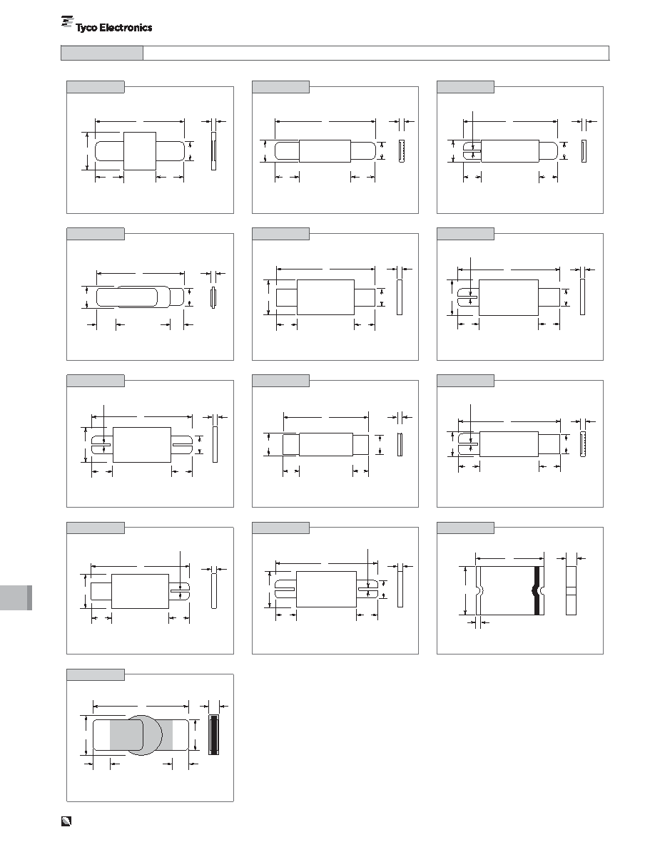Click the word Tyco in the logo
coord(86,28)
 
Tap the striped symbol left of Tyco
coord(67,21)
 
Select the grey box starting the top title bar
coord(102,53)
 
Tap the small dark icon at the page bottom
coord(66,821)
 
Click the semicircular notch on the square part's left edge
coord(479,590)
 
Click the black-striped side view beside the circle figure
coord(213,734)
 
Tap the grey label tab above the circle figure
coord(96,674)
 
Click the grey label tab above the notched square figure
coord(465,528)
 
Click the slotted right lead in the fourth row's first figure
coord(179,592)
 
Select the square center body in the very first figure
coord(140,151)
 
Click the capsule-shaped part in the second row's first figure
coord(127,297)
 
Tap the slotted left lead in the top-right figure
coord(472,151)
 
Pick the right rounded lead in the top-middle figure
coord(363,150)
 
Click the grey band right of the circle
coord(167,735)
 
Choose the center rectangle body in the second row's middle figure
coord(325,297)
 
